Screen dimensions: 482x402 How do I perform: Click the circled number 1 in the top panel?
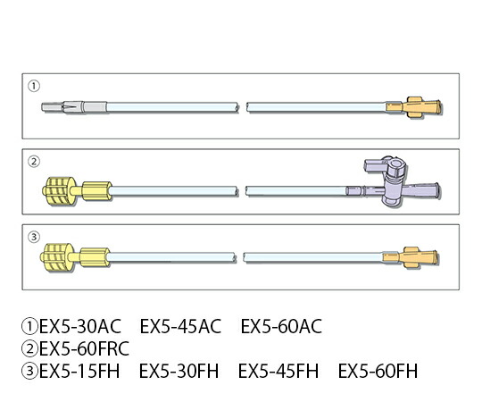[x=34, y=86]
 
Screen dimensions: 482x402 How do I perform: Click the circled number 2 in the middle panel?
[x=34, y=162]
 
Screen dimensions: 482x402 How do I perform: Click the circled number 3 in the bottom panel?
[x=34, y=237]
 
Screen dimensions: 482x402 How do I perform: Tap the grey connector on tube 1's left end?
[x=74, y=107]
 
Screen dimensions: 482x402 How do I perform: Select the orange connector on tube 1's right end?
[x=414, y=107]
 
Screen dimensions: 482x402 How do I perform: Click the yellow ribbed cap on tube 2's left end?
[x=59, y=191]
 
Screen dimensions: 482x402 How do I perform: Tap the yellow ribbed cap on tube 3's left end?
[x=57, y=257]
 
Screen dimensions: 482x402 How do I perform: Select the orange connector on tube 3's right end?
[x=411, y=257]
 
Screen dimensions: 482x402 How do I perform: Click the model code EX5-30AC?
[x=80, y=326]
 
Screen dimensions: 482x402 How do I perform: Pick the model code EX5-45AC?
[x=180, y=326]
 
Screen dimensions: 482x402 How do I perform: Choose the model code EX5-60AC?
[x=281, y=326]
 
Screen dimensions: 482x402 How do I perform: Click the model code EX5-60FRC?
[x=84, y=348]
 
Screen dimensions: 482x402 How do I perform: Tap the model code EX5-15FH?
[x=79, y=371]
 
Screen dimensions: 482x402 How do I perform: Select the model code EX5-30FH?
[x=179, y=371]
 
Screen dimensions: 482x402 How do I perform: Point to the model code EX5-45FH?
[x=278, y=371]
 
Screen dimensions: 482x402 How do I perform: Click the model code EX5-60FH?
[x=378, y=371]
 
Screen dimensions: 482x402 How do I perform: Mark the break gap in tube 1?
[x=243, y=107]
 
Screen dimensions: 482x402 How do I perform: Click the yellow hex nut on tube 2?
[x=96, y=191]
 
